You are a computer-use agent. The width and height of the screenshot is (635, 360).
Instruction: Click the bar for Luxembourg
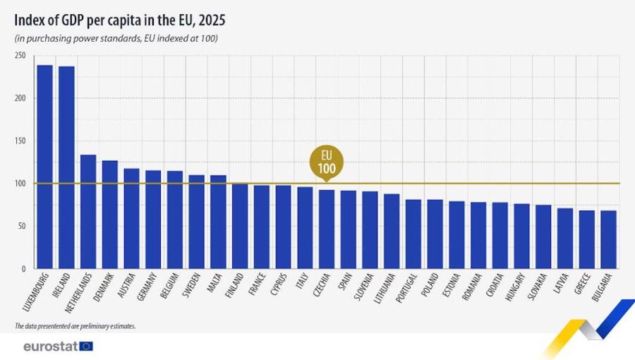(x=44, y=167)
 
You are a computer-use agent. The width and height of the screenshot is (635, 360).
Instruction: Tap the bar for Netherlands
(x=88, y=212)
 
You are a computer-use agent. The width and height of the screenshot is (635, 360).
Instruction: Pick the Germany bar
(x=153, y=219)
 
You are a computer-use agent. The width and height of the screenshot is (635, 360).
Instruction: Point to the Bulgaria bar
(x=608, y=239)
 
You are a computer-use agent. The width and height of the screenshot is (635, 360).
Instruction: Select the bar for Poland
(x=435, y=234)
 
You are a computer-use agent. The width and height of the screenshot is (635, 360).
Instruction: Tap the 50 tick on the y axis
(x=21, y=227)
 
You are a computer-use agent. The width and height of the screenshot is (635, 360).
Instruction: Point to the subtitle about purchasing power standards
(x=116, y=38)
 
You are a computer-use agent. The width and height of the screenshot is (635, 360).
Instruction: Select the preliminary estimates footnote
(x=75, y=326)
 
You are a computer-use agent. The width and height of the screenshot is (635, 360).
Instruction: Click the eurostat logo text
(x=49, y=347)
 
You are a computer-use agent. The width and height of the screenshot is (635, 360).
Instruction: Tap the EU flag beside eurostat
(x=86, y=347)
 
